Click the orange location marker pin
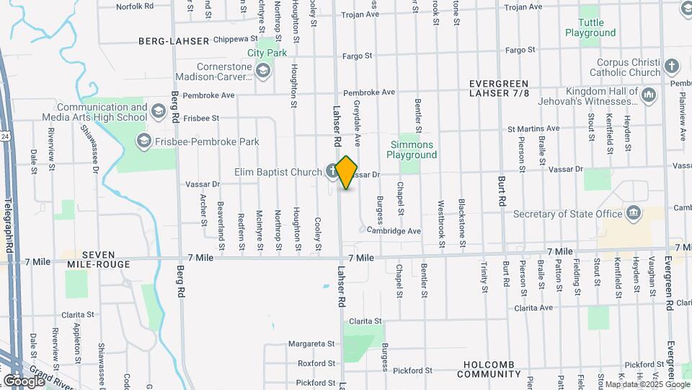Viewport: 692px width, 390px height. pyautogui.click(x=347, y=173)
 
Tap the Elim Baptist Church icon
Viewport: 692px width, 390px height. pyautogui.click(x=331, y=171)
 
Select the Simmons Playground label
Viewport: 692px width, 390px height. pyautogui.click(x=411, y=149)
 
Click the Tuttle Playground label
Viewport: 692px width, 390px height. pyautogui.click(x=590, y=27)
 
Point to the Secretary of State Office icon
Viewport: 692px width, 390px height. pyautogui.click(x=634, y=213)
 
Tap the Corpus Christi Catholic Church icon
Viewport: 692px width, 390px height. pyautogui.click(x=672, y=66)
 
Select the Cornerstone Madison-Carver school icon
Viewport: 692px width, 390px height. pyautogui.click(x=262, y=70)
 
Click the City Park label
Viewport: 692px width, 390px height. pyautogui.click(x=267, y=53)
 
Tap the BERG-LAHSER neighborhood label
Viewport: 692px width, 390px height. pyautogui.click(x=174, y=41)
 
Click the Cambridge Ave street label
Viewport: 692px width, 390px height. pyautogui.click(x=393, y=230)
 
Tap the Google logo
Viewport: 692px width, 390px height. pyautogui.click(x=23, y=381)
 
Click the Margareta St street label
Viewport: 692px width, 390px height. pyautogui.click(x=312, y=343)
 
